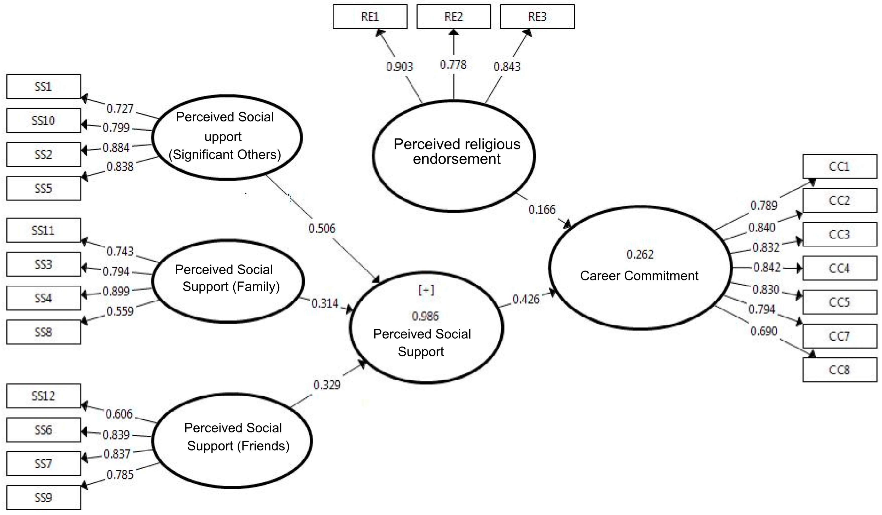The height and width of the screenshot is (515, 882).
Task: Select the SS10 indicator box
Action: pyautogui.click(x=44, y=120)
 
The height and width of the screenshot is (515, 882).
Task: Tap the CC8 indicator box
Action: pyautogui.click(x=839, y=370)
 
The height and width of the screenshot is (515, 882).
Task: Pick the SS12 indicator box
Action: pyautogui.click(x=44, y=396)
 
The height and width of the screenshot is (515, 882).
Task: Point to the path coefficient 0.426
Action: pyautogui.click(x=526, y=299)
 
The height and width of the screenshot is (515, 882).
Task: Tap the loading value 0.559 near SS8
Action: pyautogui.click(x=120, y=311)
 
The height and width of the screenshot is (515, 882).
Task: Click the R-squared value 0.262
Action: pyautogui.click(x=640, y=254)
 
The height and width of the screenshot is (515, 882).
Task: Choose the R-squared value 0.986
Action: pyautogui.click(x=425, y=316)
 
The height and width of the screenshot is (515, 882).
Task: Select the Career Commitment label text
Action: pyautogui.click(x=639, y=276)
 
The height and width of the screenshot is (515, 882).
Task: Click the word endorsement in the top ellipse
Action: pyautogui.click(x=457, y=159)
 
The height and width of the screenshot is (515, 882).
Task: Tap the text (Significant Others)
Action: pyautogui.click(x=225, y=155)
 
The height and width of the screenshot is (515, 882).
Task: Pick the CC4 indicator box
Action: pyautogui.click(x=839, y=268)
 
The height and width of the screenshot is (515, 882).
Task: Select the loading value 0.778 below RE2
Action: pyautogui.click(x=453, y=65)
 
